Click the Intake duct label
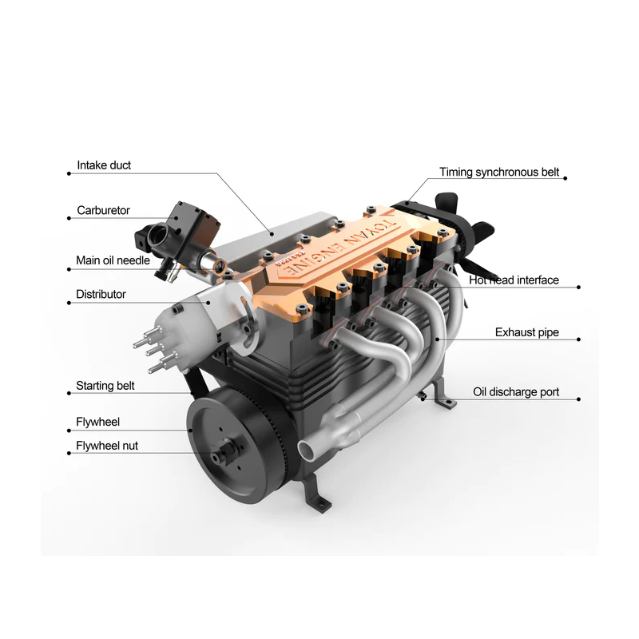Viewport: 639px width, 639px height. click(x=104, y=165)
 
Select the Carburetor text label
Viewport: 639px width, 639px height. click(x=103, y=210)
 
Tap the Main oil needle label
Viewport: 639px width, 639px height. click(x=113, y=260)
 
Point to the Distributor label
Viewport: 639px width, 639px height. click(x=101, y=294)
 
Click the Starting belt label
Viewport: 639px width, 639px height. click(x=105, y=386)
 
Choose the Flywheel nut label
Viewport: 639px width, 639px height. click(x=107, y=446)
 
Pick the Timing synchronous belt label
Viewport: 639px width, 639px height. click(x=499, y=173)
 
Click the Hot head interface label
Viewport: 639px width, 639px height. click(x=514, y=280)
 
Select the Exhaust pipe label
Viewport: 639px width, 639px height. click(x=527, y=332)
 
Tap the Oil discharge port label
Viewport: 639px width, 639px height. click(x=516, y=392)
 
